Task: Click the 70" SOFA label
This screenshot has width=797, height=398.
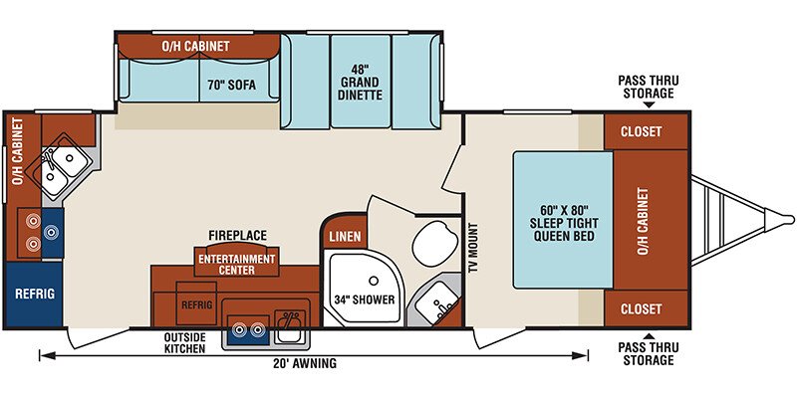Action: (231, 85)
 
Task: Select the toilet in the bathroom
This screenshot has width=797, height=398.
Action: (432, 243)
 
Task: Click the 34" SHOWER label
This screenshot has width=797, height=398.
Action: (365, 299)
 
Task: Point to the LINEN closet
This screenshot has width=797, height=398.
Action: (345, 237)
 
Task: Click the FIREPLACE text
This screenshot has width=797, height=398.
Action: (237, 235)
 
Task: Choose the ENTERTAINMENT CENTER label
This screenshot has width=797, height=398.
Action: (237, 264)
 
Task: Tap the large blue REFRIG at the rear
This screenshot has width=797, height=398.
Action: (34, 294)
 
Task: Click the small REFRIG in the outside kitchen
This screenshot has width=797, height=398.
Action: (196, 304)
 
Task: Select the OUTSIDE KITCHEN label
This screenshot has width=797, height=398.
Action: (184, 342)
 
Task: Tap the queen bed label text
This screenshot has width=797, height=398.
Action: (563, 223)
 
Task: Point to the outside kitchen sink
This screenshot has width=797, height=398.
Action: (289, 326)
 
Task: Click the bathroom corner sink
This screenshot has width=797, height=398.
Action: (436, 304)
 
